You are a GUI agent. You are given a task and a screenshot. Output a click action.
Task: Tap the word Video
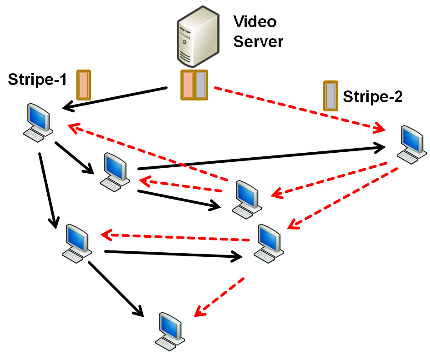[255, 21]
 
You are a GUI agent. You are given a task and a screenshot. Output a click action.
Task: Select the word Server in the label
[258, 41]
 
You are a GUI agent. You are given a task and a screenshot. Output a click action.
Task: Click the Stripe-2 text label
[372, 96]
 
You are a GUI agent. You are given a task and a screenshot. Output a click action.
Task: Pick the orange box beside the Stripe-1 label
[84, 85]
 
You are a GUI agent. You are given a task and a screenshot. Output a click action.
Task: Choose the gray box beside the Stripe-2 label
[330, 95]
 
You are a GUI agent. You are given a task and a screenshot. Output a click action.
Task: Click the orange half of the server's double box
[188, 85]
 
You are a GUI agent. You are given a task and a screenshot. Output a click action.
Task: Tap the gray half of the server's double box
[201, 85]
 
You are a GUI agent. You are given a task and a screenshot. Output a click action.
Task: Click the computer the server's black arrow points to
[38, 120]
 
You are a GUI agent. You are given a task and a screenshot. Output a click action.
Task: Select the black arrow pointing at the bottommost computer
[115, 288]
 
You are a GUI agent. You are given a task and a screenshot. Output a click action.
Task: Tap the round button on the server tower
[184, 42]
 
